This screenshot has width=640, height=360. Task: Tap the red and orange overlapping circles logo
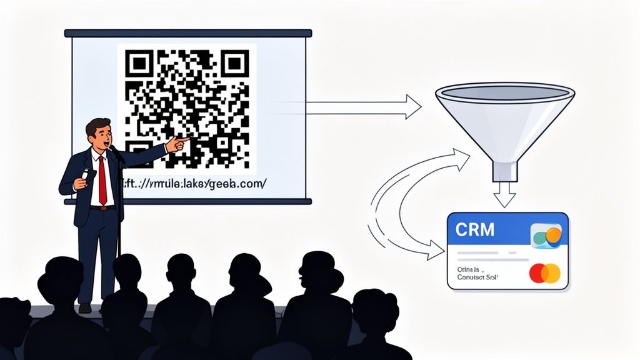(x=545, y=273)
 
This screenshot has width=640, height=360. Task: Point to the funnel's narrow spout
(x=504, y=171)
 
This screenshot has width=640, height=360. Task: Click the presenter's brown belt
(x=102, y=207)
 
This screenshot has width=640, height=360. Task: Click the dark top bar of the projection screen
(x=187, y=33)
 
